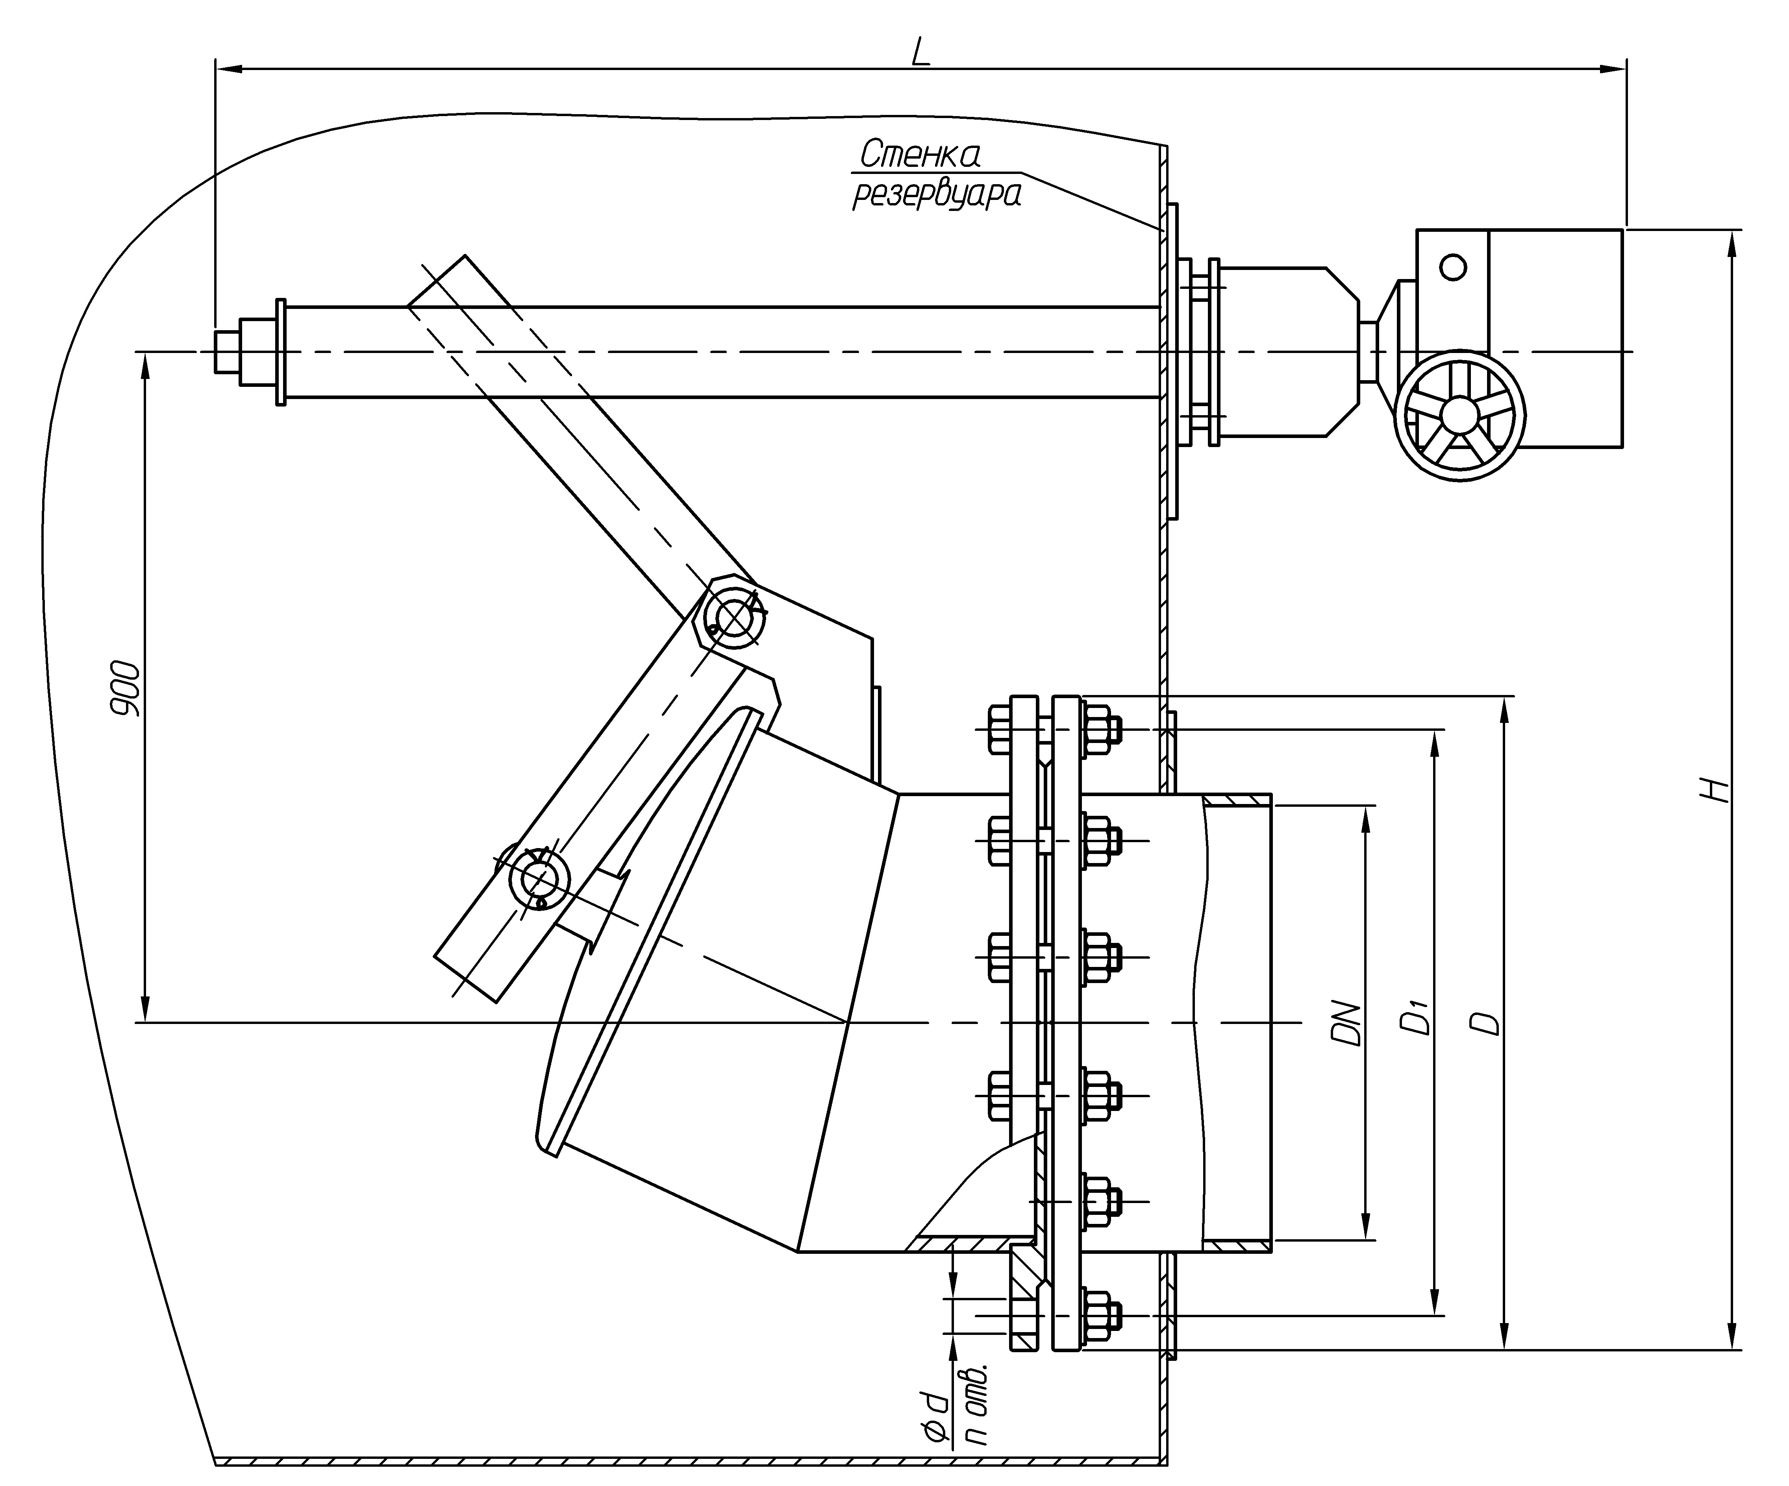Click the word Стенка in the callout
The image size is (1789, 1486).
[x=920, y=154]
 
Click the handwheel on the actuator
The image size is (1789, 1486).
[x=1460, y=415]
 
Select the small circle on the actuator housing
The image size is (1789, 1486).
[x=1453, y=267]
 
